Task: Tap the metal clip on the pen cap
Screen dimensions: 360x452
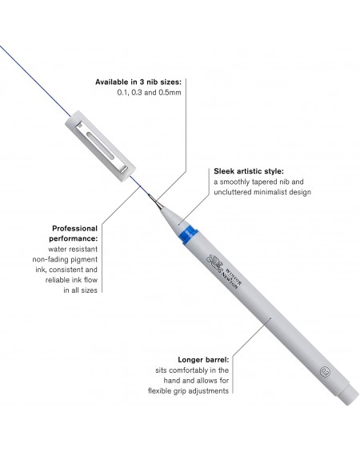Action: (x=102, y=147)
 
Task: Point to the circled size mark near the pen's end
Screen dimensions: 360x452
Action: (x=325, y=371)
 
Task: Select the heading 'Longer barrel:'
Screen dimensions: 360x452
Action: (x=203, y=360)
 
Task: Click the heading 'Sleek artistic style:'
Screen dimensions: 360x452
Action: (x=249, y=171)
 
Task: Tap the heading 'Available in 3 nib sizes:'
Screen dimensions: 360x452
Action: (x=138, y=82)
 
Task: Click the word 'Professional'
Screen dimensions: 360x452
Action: (x=75, y=229)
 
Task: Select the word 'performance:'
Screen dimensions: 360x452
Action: (x=74, y=238)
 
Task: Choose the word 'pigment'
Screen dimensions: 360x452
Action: (x=83, y=259)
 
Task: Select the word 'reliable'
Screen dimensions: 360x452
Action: (x=57, y=280)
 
